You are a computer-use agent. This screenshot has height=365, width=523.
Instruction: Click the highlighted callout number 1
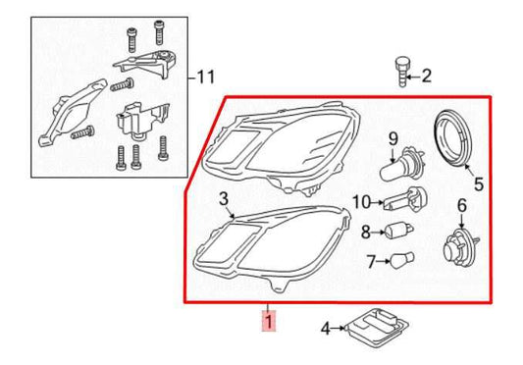pos(266,320)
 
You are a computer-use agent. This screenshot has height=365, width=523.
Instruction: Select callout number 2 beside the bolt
pos(426,75)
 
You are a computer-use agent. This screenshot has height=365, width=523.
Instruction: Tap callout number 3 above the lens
pos(224,199)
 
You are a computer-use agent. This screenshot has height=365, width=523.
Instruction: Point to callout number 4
pos(325,328)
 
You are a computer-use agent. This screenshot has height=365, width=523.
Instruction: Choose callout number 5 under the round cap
pos(478,182)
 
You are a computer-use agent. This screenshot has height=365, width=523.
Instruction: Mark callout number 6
pos(459,205)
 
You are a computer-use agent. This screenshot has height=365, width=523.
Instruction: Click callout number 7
pos(371,262)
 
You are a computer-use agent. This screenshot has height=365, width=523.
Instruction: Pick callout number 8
pos(365,233)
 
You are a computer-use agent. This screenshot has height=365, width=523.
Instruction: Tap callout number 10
pos(361,202)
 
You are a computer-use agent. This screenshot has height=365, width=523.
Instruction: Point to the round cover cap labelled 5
pos(456,139)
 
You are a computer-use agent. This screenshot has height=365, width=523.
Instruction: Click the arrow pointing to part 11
pos(186,76)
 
